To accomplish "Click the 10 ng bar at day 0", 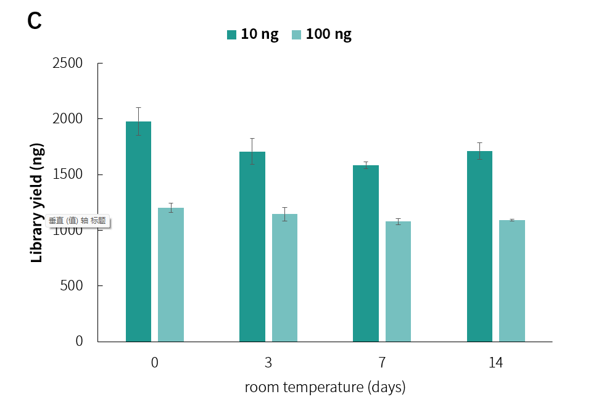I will point(138,231).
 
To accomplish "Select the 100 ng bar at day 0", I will point(171,274).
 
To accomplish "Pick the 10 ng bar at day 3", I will point(252,247).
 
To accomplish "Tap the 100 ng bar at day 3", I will point(284,277).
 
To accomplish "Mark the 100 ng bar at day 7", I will point(398,281).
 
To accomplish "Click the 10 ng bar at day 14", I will point(479,246).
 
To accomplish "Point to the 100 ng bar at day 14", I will point(512,281).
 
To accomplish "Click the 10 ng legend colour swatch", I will point(232,35).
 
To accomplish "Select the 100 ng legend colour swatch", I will point(296,35).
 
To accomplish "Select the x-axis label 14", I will point(495,363).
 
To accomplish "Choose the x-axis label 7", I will point(382,363).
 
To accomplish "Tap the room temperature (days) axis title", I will point(325,387).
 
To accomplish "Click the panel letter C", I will point(35,22).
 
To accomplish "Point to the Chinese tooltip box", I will point(78,221).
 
